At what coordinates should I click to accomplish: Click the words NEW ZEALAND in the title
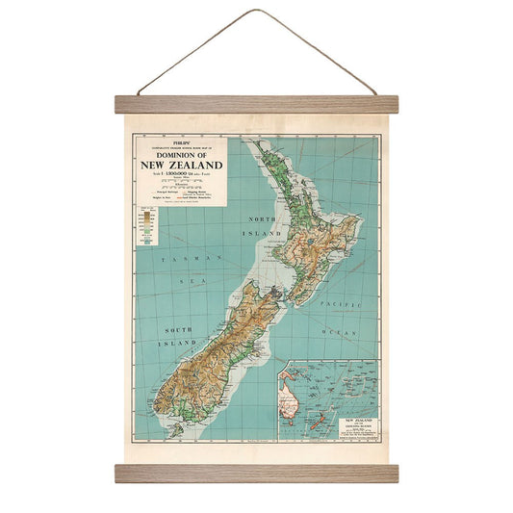click(x=181, y=166)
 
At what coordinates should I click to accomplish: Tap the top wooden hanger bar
click(x=256, y=104)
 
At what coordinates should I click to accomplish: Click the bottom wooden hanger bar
click(x=256, y=473)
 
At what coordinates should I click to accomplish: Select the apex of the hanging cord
click(x=255, y=12)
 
